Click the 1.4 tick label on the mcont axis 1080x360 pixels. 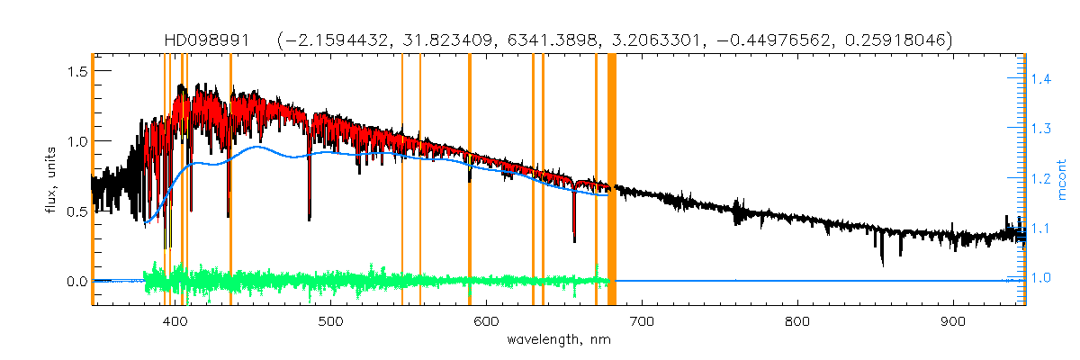(x=1041, y=80)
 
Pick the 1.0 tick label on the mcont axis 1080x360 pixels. (x=1041, y=277)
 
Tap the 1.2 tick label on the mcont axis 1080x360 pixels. (x=1041, y=179)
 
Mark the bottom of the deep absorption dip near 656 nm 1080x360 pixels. (x=574, y=241)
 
